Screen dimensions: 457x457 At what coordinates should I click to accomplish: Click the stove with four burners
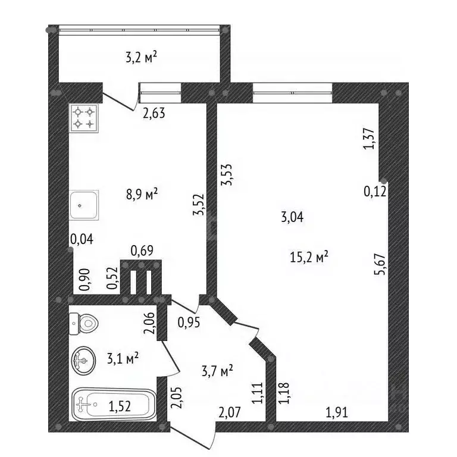(84, 117)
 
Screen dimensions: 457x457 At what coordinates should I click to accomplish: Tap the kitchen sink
(84, 206)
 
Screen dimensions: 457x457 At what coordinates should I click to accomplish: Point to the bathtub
(114, 406)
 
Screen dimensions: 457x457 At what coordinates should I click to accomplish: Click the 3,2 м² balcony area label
(141, 58)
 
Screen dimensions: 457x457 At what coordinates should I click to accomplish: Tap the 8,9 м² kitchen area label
(141, 194)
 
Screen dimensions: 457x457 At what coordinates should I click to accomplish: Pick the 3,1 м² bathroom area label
(123, 358)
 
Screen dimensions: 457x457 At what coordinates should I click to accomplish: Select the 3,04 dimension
(292, 217)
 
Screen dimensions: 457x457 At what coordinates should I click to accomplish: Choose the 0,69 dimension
(142, 251)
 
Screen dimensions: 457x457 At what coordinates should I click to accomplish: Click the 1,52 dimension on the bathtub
(120, 407)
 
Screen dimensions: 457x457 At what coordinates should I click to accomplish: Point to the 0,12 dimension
(375, 191)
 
